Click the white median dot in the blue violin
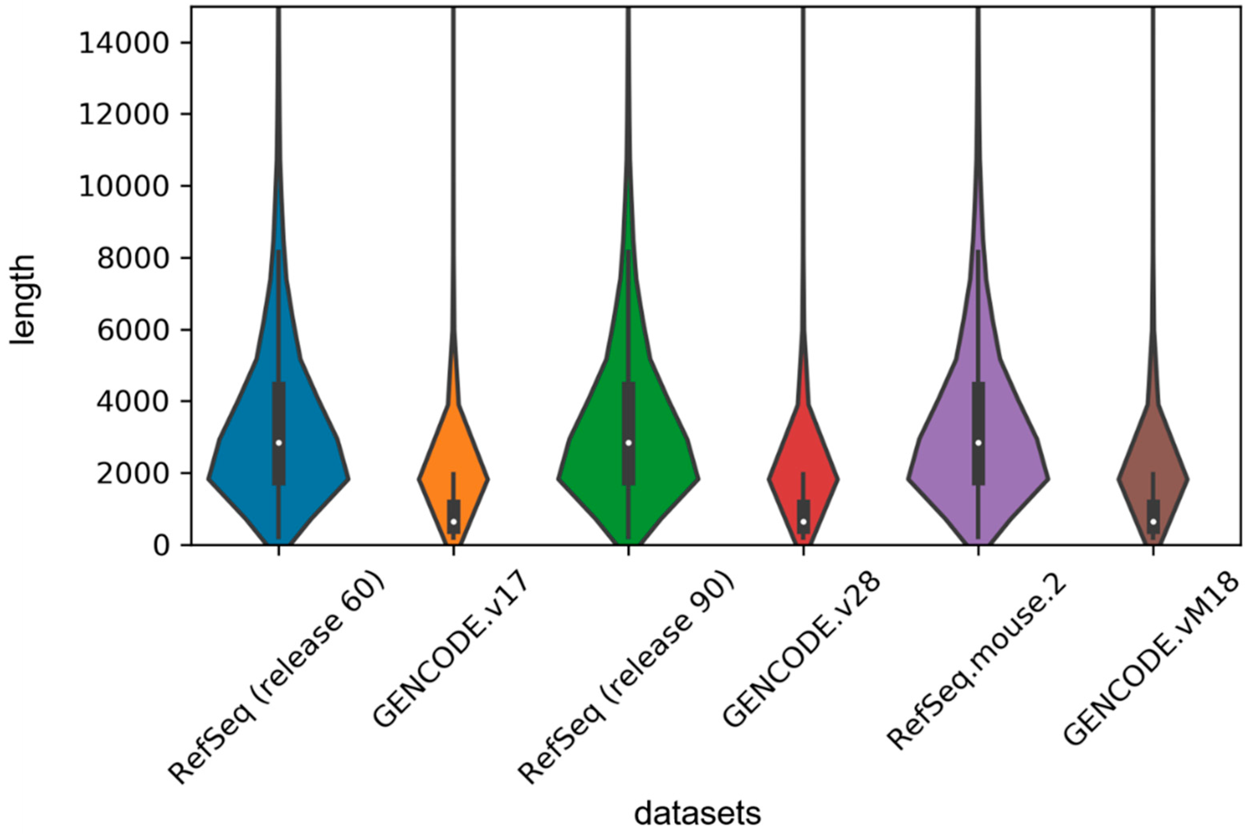click(278, 443)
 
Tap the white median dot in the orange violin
click(453, 521)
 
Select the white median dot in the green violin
click(628, 443)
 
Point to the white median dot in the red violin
click(803, 521)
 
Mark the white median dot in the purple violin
click(978, 443)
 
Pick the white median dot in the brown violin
click(1153, 521)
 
